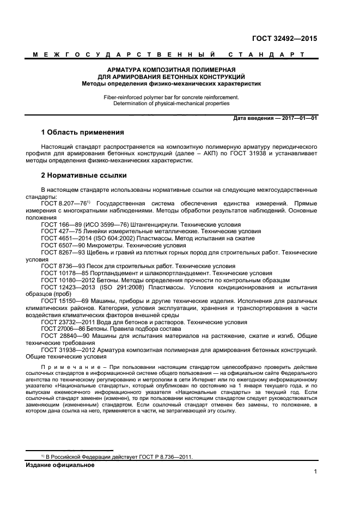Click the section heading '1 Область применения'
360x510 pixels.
pos(83,132)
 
